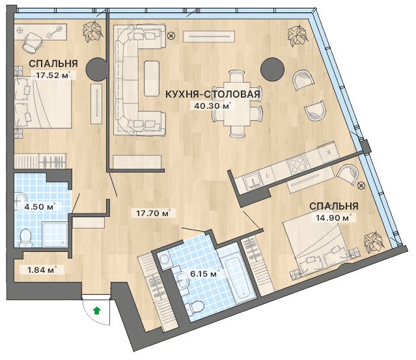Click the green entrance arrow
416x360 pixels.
[97, 311]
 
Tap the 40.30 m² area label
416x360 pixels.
[212, 106]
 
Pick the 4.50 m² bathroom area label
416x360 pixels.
[40, 206]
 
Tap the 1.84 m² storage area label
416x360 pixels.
[42, 270]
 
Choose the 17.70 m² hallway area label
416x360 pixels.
[153, 213]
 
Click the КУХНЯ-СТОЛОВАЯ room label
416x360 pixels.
[212, 94]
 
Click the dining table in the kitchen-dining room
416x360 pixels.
[237, 104]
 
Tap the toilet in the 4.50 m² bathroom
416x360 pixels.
[26, 237]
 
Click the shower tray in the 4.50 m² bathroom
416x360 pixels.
[55, 234]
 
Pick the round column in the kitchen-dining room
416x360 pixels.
[273, 70]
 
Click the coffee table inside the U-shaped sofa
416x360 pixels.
[152, 78]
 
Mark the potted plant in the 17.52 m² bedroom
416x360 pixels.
[92, 31]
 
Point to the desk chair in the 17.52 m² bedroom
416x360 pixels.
[33, 42]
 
